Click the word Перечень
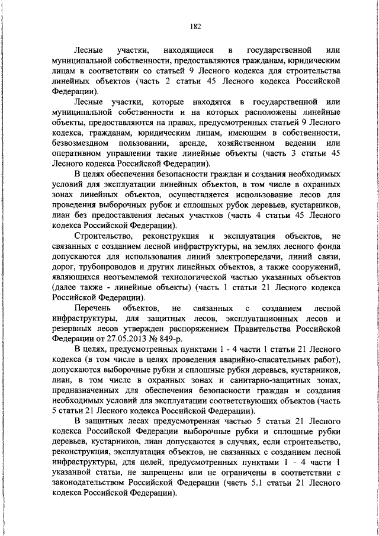point(94,308)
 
